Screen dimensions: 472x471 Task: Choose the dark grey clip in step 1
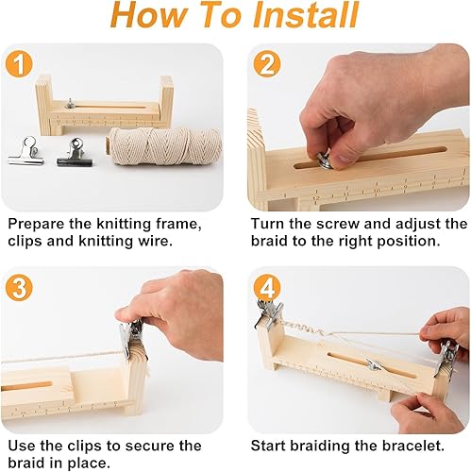(75, 151)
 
